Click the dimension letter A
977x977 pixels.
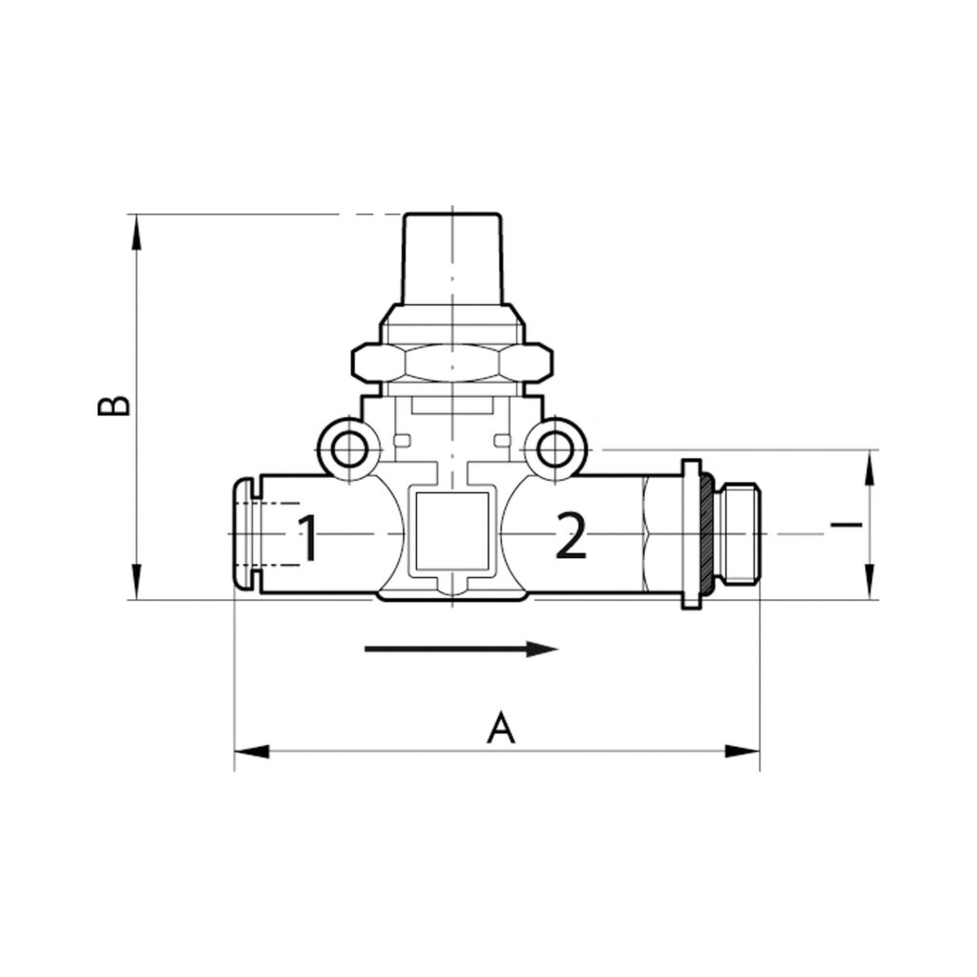(501, 728)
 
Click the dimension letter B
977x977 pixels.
(115, 404)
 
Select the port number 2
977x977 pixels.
(570, 537)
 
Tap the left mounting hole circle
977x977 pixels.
(350, 448)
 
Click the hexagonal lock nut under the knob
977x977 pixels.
(451, 362)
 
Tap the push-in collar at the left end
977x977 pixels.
(245, 534)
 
